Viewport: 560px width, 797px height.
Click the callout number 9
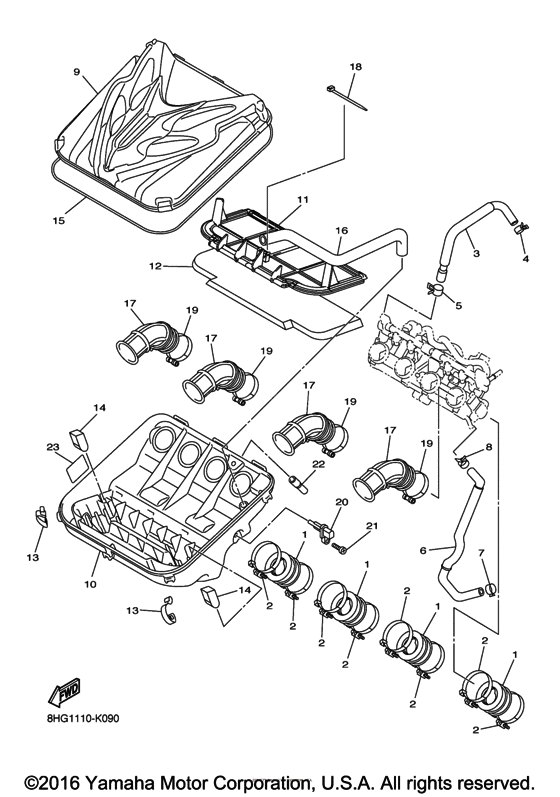[76, 72]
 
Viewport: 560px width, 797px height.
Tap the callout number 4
[524, 259]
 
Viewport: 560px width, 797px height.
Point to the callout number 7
[481, 553]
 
